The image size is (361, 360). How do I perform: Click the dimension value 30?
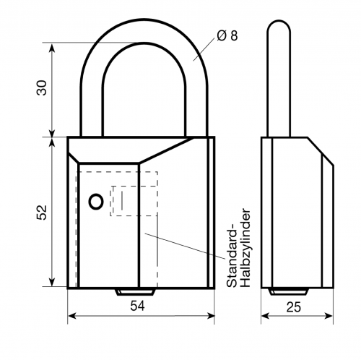coord(42,88)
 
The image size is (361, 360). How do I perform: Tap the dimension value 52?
coord(42,211)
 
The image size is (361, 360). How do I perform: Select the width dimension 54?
coord(138,307)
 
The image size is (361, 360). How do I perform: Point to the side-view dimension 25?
coord(292,307)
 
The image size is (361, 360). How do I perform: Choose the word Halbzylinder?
coord(245,249)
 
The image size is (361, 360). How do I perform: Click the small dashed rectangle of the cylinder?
coord(134,200)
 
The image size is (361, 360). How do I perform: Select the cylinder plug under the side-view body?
coord(288,292)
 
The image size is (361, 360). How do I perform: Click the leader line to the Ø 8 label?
coord(205,48)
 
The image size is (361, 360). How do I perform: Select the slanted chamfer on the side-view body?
coord(321,151)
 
